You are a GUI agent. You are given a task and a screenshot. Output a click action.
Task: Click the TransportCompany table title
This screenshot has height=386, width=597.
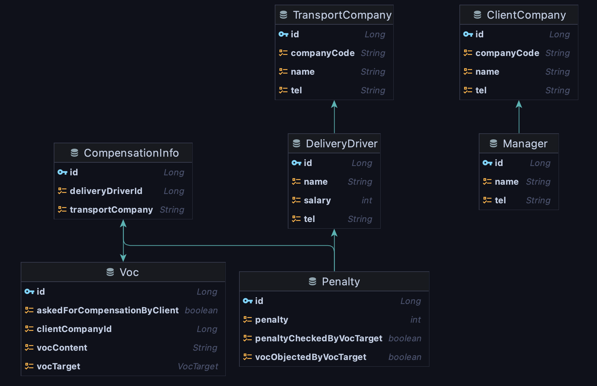tap(342, 15)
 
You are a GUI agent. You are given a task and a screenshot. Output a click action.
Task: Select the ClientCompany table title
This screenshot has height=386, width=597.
tap(526, 15)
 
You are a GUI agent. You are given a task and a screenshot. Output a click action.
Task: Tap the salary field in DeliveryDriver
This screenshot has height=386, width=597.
tap(317, 200)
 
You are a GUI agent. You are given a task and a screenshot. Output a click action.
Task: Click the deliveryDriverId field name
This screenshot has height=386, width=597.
tap(106, 191)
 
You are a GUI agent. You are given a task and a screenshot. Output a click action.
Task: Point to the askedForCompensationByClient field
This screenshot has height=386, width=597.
tap(108, 310)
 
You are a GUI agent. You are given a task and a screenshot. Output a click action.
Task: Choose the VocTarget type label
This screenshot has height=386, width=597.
tap(198, 366)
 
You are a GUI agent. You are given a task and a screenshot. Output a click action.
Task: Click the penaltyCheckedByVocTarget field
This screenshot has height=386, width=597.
tap(319, 338)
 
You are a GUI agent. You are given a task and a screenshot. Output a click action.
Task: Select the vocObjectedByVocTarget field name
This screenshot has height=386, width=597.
tap(311, 357)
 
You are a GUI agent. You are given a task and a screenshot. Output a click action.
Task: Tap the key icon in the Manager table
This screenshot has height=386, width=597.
tap(487, 163)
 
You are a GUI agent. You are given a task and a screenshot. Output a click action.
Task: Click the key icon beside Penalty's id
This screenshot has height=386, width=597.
tap(248, 301)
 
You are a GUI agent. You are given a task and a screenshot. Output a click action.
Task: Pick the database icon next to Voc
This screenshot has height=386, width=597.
tap(110, 272)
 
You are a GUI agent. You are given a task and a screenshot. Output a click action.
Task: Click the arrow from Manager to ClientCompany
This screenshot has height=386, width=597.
tap(519, 117)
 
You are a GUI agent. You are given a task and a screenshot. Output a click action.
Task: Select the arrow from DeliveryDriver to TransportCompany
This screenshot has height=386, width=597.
tap(334, 117)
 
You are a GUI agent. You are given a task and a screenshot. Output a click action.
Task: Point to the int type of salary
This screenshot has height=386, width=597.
tap(367, 200)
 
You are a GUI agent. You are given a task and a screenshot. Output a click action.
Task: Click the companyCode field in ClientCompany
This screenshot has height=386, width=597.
tap(507, 53)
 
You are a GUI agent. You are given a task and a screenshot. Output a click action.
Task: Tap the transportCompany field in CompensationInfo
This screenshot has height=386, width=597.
tap(111, 210)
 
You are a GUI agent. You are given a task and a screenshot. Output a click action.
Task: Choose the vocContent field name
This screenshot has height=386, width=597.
tap(62, 348)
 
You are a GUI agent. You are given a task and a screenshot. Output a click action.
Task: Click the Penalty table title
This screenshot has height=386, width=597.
tap(341, 282)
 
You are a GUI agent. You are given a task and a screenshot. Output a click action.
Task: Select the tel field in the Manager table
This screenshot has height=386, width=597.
tap(500, 200)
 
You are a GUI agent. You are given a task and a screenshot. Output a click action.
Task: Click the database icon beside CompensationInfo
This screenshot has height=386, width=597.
tap(74, 153)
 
